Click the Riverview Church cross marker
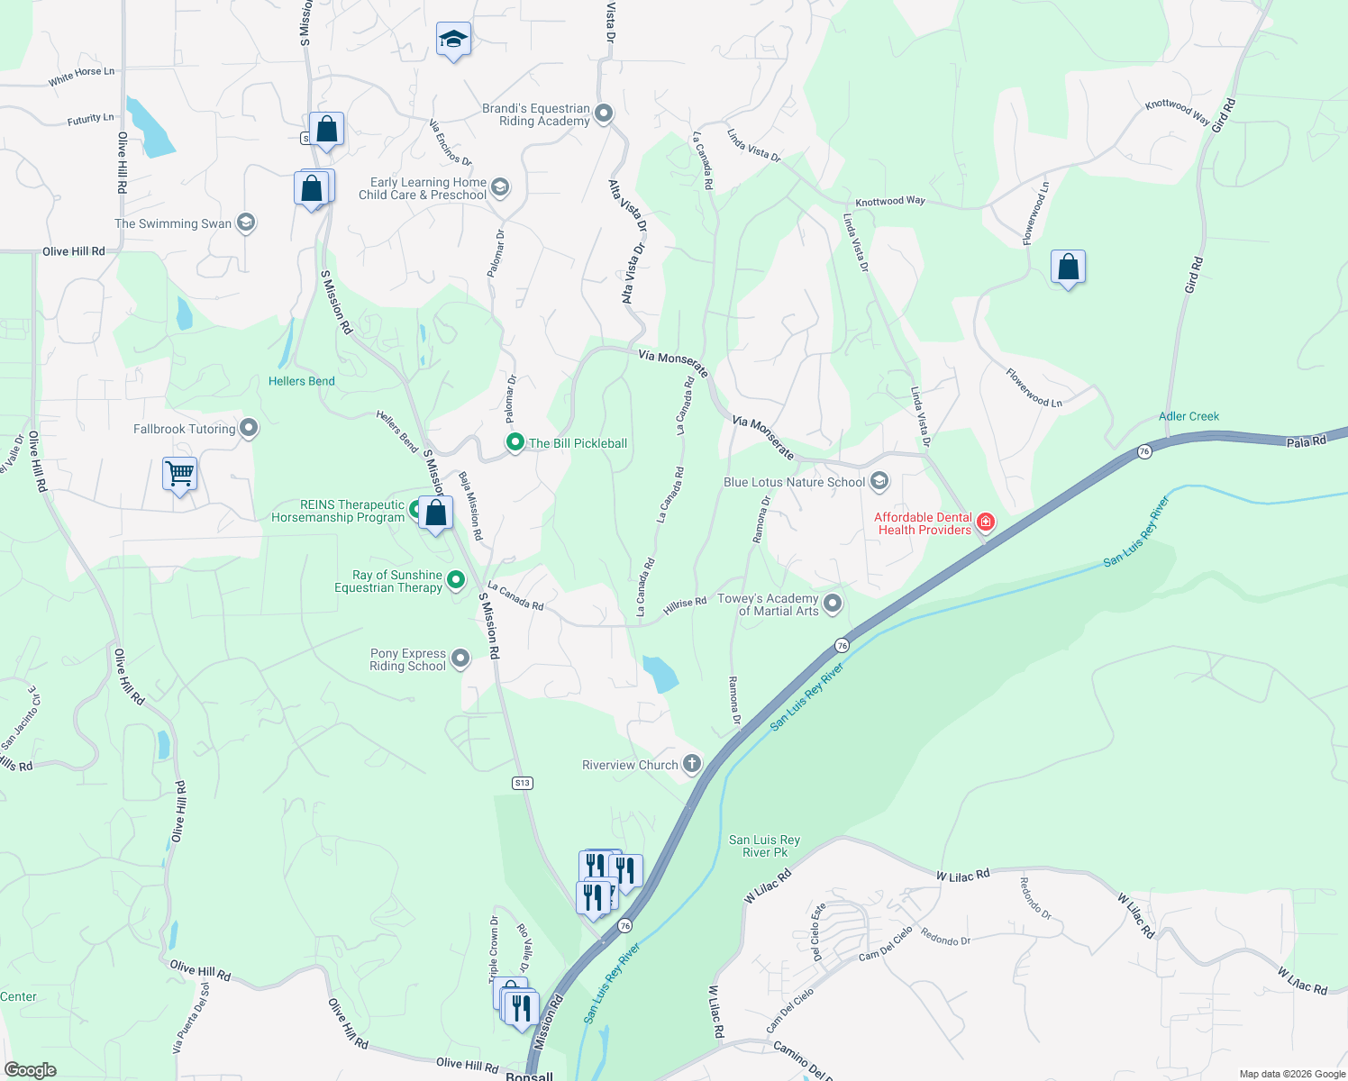click(691, 764)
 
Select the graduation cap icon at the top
click(453, 39)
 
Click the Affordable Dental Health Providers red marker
click(986, 522)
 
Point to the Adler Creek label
click(1189, 416)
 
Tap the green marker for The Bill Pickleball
click(515, 442)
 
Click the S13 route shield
click(523, 783)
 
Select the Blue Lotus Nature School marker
click(879, 482)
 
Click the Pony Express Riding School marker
click(460, 659)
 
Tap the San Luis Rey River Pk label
click(764, 846)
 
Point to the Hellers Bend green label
click(301, 381)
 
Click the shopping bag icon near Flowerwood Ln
click(1068, 268)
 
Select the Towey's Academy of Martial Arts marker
click(833, 604)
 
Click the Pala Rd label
click(1306, 441)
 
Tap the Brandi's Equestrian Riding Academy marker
click(604, 114)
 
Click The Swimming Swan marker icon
click(246, 223)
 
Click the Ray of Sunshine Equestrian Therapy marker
click(456, 579)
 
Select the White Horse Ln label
click(81, 77)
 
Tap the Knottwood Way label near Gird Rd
click(1177, 111)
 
